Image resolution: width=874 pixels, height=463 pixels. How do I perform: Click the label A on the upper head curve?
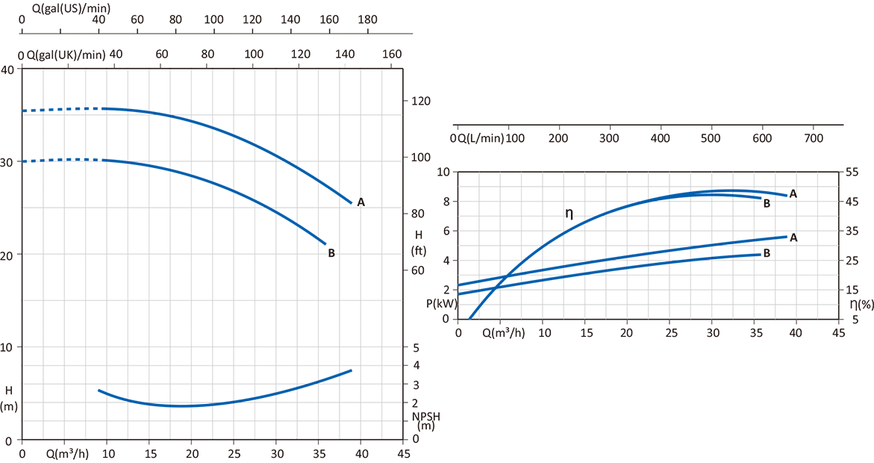pos(361,202)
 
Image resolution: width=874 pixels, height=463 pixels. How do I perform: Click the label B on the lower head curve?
pos(331,253)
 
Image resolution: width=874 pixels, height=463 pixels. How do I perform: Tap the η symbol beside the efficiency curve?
pos(569,214)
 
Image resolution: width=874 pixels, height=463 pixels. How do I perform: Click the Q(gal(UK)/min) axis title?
pos(66,55)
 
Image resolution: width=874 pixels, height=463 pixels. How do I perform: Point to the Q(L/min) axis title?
pos(481,139)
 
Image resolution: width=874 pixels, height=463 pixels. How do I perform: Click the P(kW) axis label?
pos(441,304)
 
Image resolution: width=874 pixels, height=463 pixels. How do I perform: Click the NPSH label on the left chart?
pos(422,416)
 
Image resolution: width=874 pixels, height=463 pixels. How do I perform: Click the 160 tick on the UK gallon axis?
pos(392,55)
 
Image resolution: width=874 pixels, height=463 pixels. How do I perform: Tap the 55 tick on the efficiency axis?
pos(852,172)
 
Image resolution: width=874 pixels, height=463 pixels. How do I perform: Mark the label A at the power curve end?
pos(793,237)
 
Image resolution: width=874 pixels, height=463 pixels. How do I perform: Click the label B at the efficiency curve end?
pos(767,202)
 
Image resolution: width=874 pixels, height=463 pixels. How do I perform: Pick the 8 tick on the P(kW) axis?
pos(446,201)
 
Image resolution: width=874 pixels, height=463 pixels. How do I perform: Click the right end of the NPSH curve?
pos(351,370)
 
